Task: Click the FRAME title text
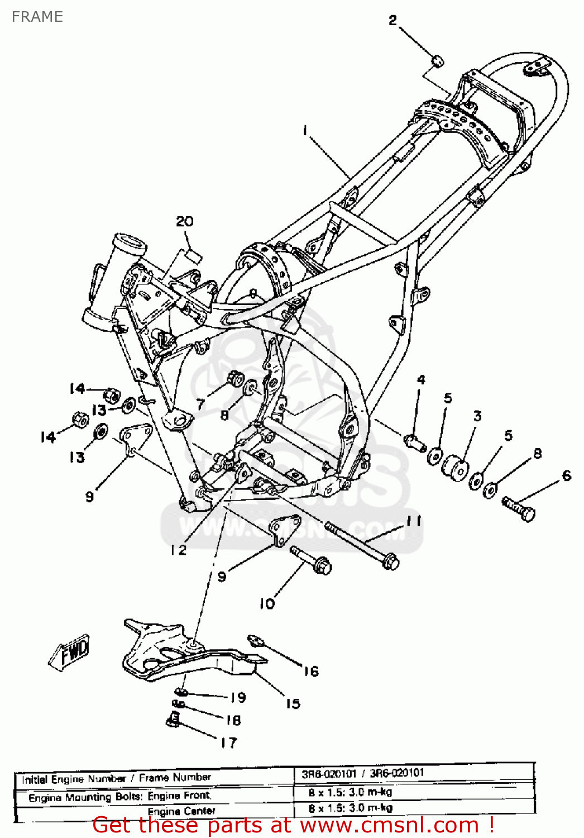37,17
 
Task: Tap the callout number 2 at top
392,21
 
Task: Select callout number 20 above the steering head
184,222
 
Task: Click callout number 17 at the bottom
228,742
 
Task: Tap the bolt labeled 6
519,510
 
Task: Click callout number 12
179,550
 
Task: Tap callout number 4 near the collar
421,380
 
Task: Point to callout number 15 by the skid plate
293,704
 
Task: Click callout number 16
311,672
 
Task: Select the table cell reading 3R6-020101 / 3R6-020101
363,774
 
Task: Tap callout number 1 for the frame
305,130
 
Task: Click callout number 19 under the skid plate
238,697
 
